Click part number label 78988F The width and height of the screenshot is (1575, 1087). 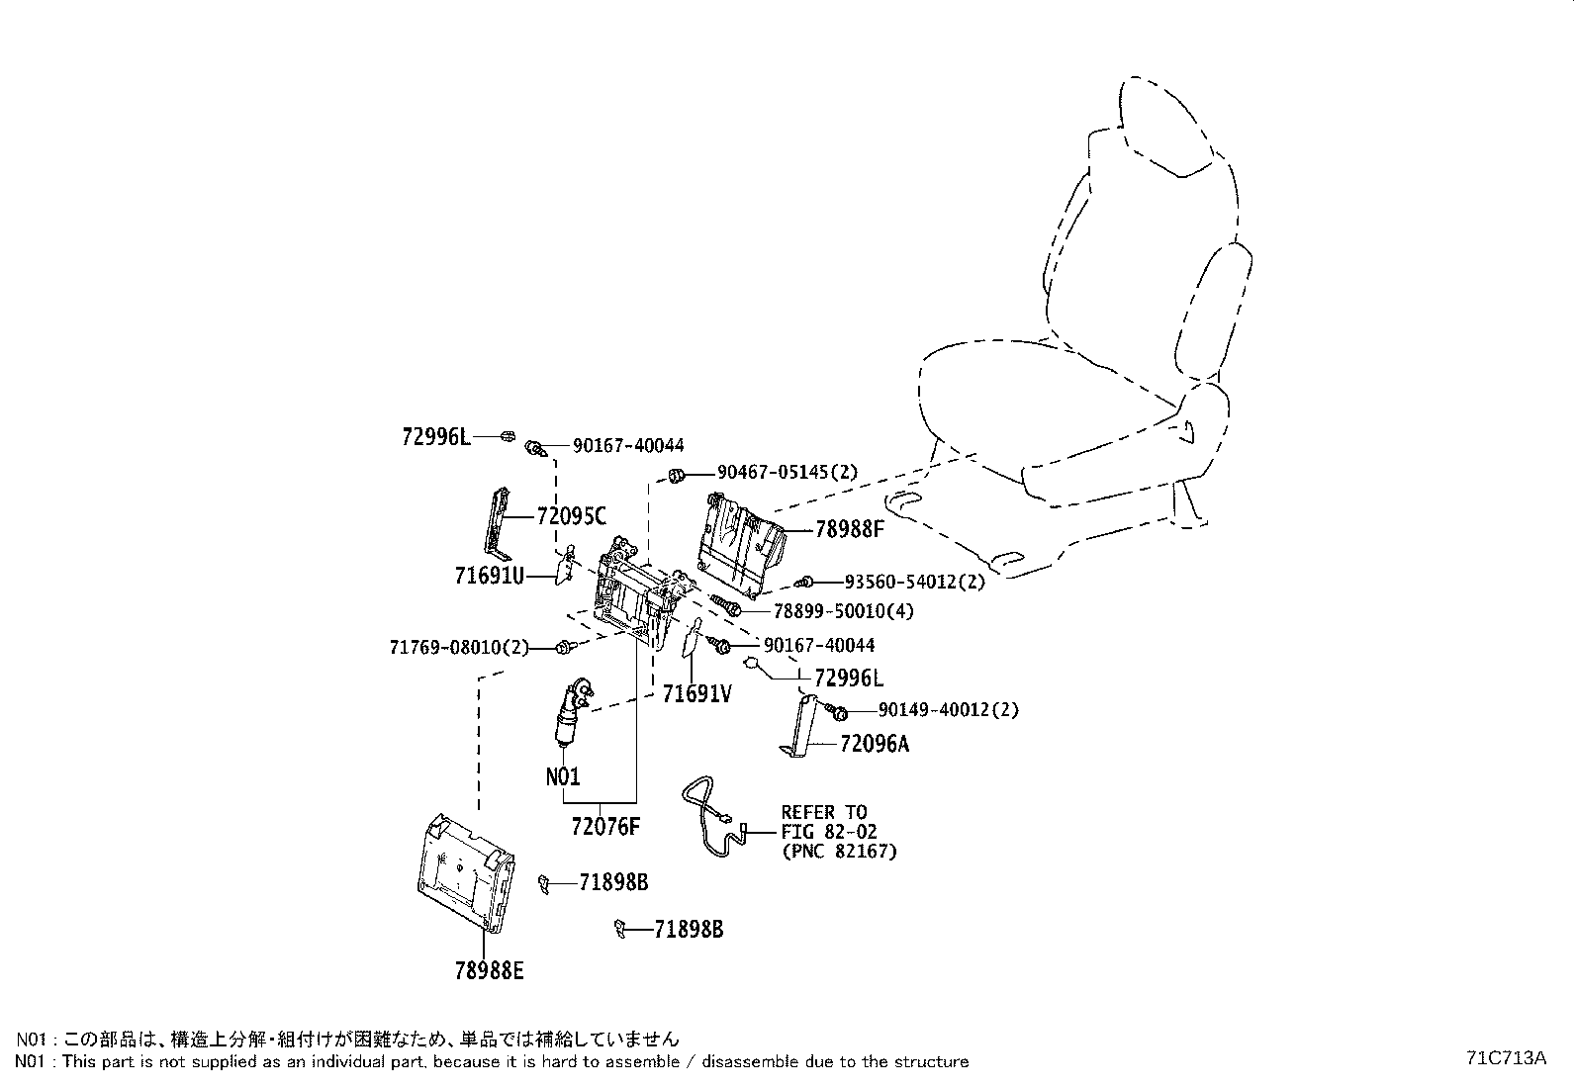(849, 529)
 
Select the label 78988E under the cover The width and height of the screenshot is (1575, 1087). (489, 971)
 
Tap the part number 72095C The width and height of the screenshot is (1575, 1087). (571, 515)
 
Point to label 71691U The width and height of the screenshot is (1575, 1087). (489, 575)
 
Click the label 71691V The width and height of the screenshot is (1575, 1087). (696, 694)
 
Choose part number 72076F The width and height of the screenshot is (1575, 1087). (605, 826)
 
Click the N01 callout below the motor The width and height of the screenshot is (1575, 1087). (563, 776)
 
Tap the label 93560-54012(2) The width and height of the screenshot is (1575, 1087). (914, 582)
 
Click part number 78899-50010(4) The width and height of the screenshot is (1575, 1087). (843, 611)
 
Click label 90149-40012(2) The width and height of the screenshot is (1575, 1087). (947, 710)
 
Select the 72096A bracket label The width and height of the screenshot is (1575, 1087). (874, 744)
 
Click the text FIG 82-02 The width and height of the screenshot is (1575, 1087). (828, 832)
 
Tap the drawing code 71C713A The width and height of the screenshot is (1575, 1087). (1506, 1057)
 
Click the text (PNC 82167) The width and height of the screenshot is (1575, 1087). (838, 851)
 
